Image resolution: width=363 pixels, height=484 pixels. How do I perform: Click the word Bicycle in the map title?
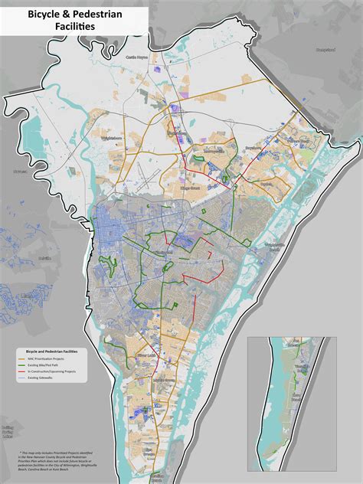tap(46, 15)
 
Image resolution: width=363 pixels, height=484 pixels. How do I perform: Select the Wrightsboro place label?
tap(112, 138)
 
